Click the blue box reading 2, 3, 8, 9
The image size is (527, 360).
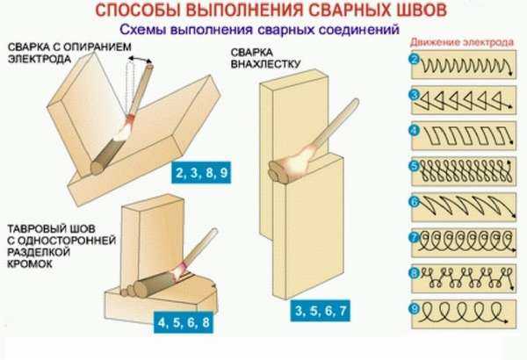pos(201,173)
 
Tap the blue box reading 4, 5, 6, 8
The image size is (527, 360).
pos(184,322)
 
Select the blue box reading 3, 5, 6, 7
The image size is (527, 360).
pos(321,310)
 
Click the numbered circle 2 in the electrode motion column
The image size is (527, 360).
pos(415,60)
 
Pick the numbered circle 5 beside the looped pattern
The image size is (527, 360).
pos(415,166)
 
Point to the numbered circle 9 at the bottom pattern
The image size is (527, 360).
pos(415,308)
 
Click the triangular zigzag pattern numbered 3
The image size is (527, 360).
pos(464,100)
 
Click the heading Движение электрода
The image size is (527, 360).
pos(462,42)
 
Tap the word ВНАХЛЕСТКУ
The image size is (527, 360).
pos(265,64)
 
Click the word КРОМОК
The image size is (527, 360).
pos(30,264)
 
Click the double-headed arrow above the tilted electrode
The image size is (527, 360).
pos(140,59)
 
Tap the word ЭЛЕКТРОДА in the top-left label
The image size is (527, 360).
pos(40,59)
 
